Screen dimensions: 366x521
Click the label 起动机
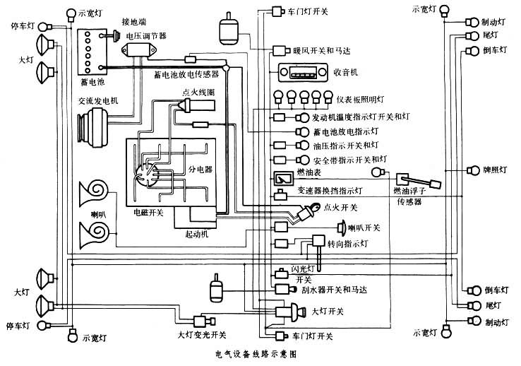[196, 233]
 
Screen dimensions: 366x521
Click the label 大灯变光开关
[201, 334]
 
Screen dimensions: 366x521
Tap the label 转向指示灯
[347, 244]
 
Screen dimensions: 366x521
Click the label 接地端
[134, 21]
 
